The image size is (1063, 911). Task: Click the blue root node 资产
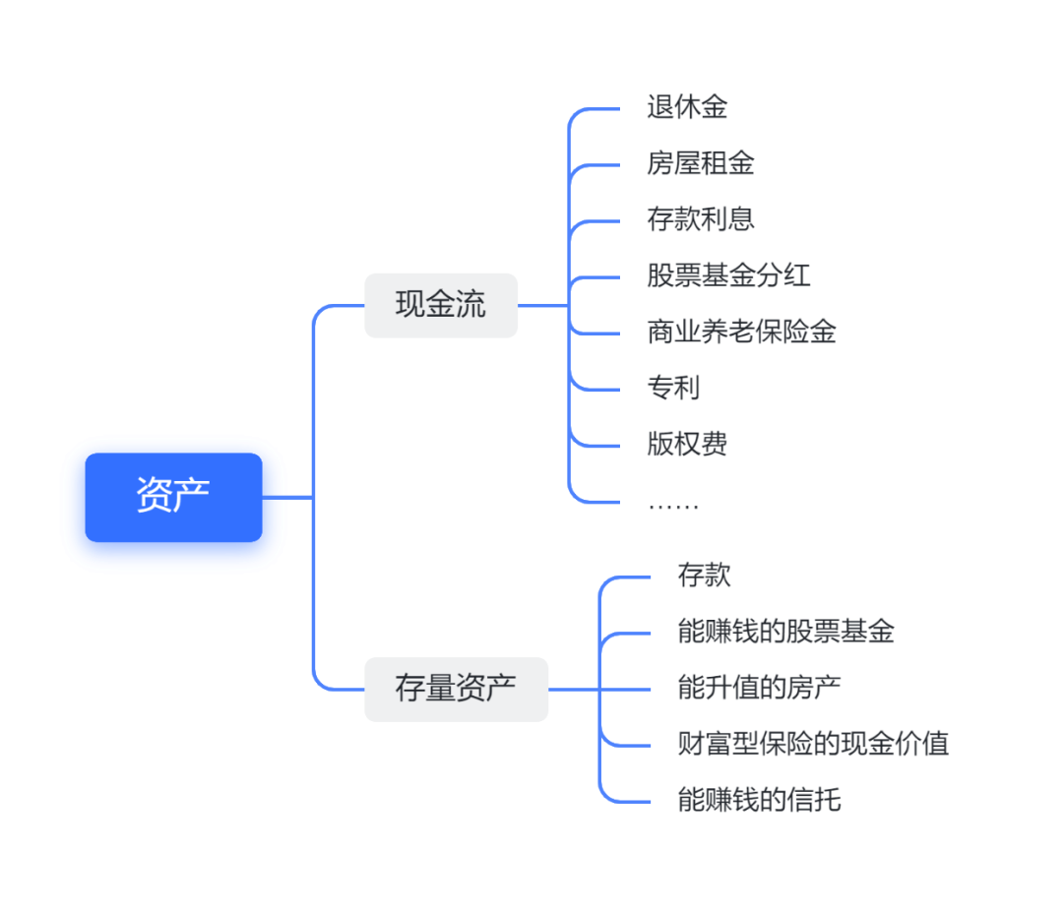[x=173, y=497]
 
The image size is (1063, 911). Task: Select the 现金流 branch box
[x=441, y=305]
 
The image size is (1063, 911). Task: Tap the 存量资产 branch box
[x=456, y=689]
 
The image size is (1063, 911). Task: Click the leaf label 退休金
[x=687, y=107]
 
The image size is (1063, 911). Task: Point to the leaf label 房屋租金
[x=701, y=163]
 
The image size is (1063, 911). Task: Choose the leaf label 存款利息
[x=701, y=219]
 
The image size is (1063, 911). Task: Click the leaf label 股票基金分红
[x=728, y=275]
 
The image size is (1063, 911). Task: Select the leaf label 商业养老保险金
[x=741, y=332]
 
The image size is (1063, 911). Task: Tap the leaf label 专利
[x=673, y=388]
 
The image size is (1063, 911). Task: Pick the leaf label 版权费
[x=687, y=444]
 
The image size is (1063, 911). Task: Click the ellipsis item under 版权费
[x=673, y=504]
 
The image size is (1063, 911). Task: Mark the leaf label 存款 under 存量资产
[x=704, y=575]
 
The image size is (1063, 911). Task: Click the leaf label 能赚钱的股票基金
[x=785, y=631]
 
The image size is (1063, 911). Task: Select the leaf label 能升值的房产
[x=759, y=687]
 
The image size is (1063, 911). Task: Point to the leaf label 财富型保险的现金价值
[x=813, y=743]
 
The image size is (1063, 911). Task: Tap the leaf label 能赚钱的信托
[x=759, y=799]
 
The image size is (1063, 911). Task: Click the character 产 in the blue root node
[x=192, y=497]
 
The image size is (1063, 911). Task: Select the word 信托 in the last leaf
[x=814, y=799]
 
